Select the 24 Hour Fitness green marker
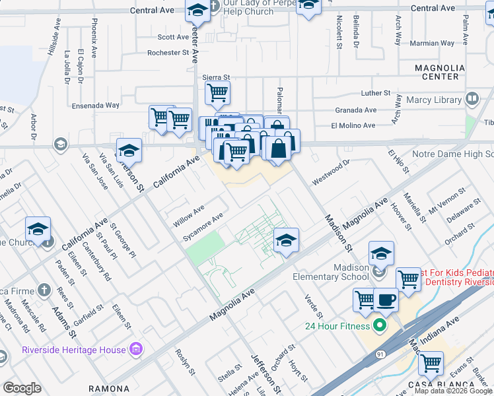click(x=379, y=325)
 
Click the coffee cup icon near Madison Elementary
click(x=386, y=300)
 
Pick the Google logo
click(x=22, y=387)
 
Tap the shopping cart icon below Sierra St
click(x=217, y=93)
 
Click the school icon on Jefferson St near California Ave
click(x=129, y=150)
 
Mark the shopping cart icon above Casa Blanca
click(x=431, y=362)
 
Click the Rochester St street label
click(x=168, y=53)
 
